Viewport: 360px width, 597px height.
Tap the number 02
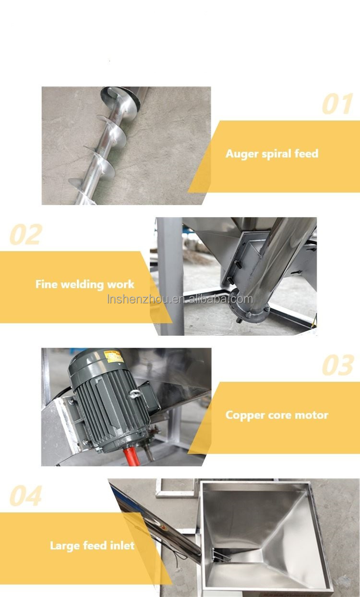tap(26, 234)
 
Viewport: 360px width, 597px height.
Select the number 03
tap(337, 366)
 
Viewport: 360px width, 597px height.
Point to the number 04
tap(26, 496)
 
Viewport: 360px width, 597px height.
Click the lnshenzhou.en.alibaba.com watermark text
tap(180, 299)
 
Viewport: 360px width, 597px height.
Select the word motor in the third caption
tap(312, 415)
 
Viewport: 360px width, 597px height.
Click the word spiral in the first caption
tap(276, 154)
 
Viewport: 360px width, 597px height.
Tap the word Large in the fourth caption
tap(64, 546)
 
